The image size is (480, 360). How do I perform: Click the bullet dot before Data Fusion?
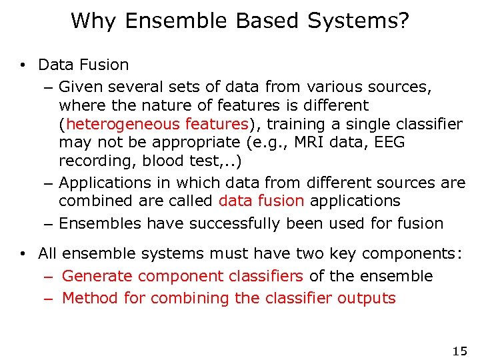pyautogui.click(x=23, y=65)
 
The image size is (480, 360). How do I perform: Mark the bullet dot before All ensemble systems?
pyautogui.click(x=23, y=254)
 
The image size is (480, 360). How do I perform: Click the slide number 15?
pyautogui.click(x=459, y=351)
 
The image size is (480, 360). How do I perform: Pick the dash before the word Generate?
pyautogui.click(x=49, y=277)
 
